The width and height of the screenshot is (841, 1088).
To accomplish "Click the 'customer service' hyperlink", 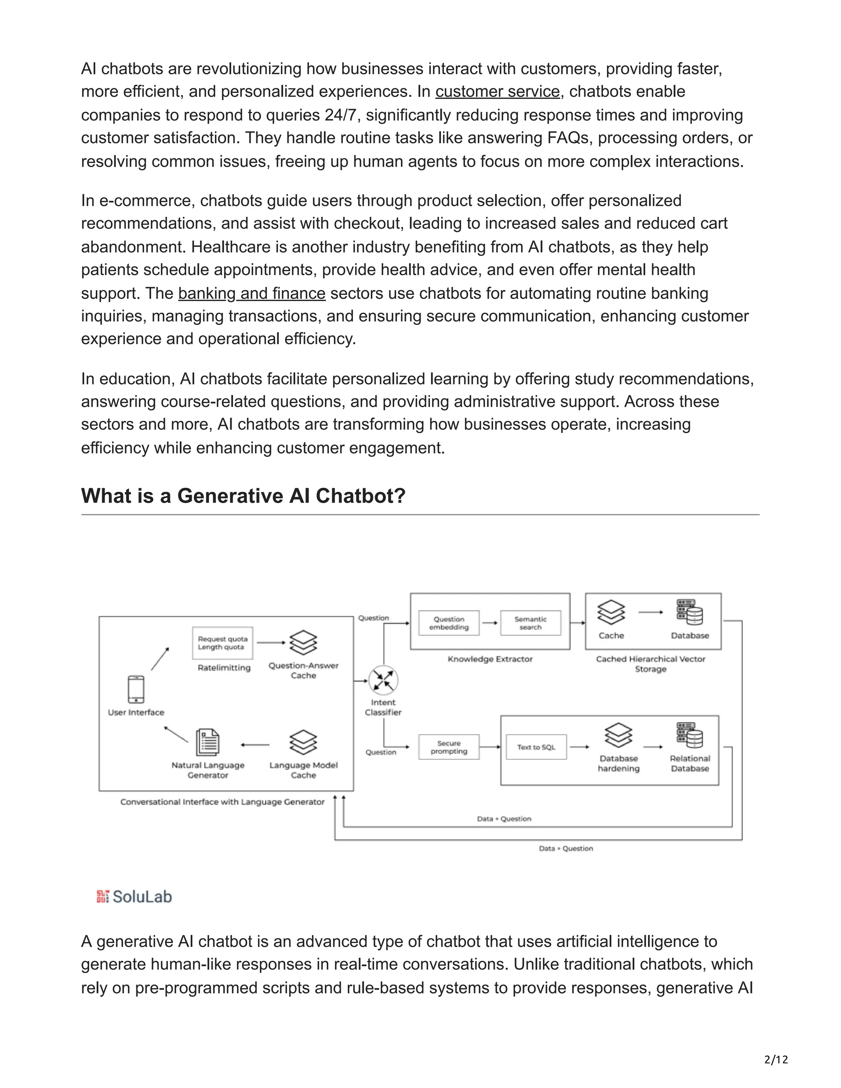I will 497,92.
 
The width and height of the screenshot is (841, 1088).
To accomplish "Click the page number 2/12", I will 776,1059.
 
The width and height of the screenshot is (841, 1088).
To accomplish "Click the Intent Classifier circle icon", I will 383,680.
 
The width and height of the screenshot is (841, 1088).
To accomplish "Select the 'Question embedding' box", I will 449,623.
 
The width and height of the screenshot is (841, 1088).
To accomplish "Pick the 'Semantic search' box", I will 530,623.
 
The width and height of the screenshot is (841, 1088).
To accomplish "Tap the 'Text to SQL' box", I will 536,747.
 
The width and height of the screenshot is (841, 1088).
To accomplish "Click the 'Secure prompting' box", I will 449,747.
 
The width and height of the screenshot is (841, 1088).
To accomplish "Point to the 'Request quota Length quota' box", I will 222,643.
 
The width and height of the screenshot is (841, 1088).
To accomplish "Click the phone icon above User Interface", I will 136,689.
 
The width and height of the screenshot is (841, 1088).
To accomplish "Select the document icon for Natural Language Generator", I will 208,743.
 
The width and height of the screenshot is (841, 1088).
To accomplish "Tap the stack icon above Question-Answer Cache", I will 303,643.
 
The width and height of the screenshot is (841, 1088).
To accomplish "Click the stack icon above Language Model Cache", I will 303,743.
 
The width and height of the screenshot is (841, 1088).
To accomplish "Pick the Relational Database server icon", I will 689,735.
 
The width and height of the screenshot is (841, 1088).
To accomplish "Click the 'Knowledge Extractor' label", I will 490,659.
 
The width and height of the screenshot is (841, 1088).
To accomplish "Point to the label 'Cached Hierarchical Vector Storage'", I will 651,663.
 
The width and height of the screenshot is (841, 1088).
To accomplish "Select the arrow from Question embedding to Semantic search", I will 490,623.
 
